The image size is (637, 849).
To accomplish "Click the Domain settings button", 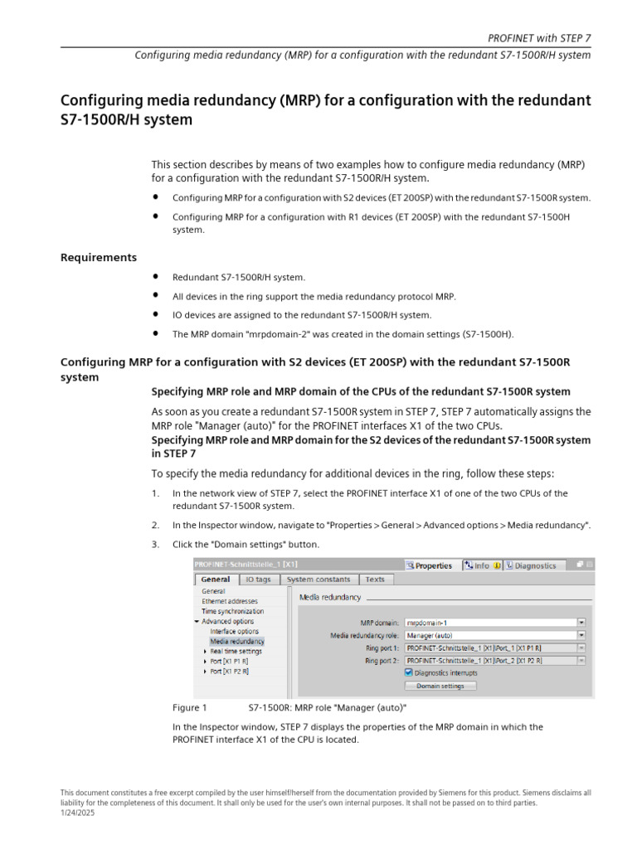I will coord(440,686).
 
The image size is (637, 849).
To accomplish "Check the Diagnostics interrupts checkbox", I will coord(409,673).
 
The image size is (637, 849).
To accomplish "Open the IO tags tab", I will coord(258,580).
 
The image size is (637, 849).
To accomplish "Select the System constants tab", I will coord(318,580).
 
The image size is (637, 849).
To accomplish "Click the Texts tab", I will coord(375,580).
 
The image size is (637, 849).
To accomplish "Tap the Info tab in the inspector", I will coord(482,565).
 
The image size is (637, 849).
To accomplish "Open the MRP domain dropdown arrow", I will coord(581,622).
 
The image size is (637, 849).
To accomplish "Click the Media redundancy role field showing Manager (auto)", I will coord(489,635).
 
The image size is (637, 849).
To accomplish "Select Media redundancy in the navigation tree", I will coord(237,641).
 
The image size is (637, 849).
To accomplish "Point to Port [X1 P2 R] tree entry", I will coord(229,671).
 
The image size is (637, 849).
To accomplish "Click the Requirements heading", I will coord(99,258).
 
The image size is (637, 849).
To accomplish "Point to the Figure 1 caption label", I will coord(188,707).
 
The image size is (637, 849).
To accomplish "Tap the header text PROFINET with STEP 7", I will coord(539,38).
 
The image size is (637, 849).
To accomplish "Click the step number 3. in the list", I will coord(155,544).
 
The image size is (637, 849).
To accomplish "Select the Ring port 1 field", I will coord(489,648).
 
